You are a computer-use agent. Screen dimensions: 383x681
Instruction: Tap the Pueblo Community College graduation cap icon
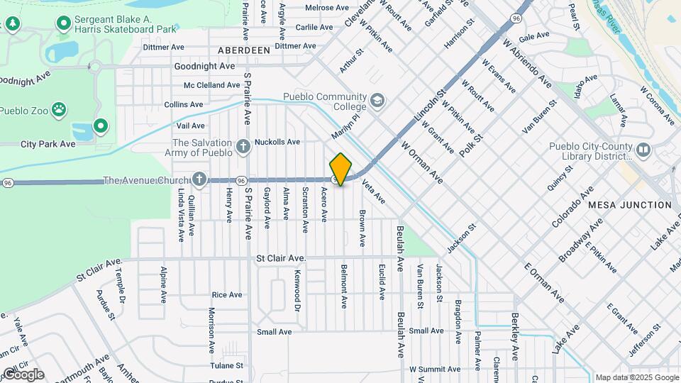tap(377, 100)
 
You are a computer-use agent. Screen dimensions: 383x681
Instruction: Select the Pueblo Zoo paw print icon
tap(62, 110)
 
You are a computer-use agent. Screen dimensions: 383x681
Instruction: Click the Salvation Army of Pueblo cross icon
tap(244, 147)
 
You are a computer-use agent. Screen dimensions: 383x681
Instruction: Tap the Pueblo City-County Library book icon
tap(643, 150)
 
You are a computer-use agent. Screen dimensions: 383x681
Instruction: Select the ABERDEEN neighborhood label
tap(243, 50)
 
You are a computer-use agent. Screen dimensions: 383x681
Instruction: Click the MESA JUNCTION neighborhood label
tap(629, 205)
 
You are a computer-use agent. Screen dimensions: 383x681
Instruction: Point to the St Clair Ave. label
tap(281, 259)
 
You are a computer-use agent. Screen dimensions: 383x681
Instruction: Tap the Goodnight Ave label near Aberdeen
tap(204, 66)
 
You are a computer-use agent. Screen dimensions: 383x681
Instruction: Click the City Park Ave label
tap(48, 144)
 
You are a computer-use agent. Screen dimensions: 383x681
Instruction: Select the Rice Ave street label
tap(227, 294)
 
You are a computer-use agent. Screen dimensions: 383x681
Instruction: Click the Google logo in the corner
tap(23, 374)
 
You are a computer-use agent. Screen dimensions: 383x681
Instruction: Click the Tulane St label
tap(226, 366)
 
